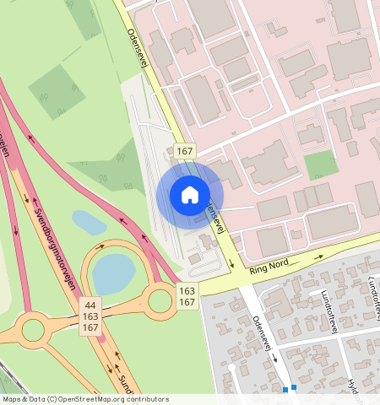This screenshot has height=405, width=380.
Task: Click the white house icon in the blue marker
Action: coord(190,195)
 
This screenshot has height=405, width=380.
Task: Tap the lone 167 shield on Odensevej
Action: coord(185,151)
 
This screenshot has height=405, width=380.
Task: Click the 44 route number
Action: coord(91,304)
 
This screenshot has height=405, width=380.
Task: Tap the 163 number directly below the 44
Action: coord(91,316)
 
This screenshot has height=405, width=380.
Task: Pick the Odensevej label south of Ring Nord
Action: coord(263,332)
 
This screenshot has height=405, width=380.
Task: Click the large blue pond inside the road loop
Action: coord(112,274)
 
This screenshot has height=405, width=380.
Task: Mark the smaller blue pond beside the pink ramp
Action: coord(89,223)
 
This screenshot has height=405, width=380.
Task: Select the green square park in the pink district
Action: coord(320,164)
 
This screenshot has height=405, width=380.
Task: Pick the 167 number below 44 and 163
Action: coord(91,327)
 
